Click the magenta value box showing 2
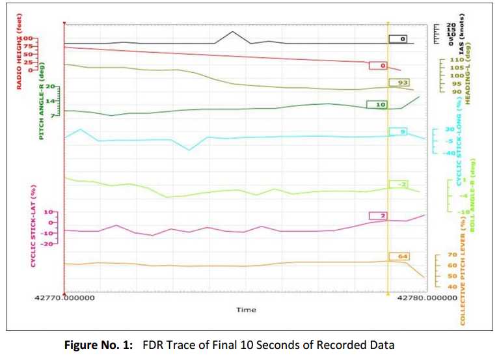click(x=379, y=215)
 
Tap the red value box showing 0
click(x=379, y=66)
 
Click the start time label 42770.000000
click(x=64, y=298)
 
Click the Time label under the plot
click(x=246, y=309)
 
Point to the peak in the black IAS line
click(x=233, y=31)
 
